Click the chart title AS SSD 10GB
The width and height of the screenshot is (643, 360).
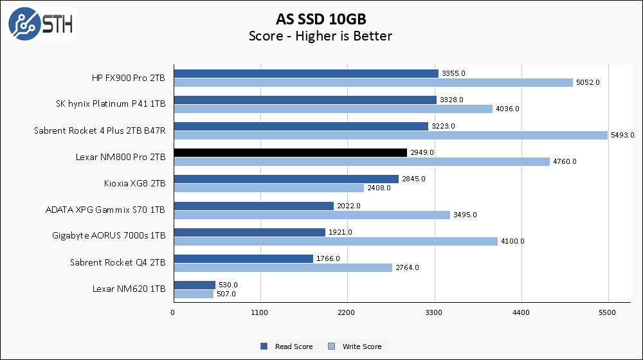pos(320,18)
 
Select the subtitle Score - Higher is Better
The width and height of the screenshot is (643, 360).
pos(320,36)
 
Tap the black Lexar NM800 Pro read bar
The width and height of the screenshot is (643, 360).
pos(290,152)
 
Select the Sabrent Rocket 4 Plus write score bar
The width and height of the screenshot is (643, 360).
pos(390,135)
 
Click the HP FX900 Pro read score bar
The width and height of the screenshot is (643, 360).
pos(306,73)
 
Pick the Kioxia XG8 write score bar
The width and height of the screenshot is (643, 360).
pos(269,188)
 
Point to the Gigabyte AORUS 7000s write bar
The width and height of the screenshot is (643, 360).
pos(336,241)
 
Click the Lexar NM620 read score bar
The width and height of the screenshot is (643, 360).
pos(194,285)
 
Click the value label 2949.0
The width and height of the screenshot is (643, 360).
pos(422,152)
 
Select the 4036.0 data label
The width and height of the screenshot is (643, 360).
pos(507,109)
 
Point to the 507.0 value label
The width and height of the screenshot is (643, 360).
pos(226,294)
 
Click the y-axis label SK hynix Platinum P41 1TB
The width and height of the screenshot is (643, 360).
pos(111,104)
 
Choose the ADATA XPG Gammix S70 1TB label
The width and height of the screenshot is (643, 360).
pos(105,210)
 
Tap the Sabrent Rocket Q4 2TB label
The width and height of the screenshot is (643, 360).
pos(118,262)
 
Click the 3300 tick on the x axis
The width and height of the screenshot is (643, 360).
pos(435,313)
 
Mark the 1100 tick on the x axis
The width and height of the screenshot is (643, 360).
pos(260,313)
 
